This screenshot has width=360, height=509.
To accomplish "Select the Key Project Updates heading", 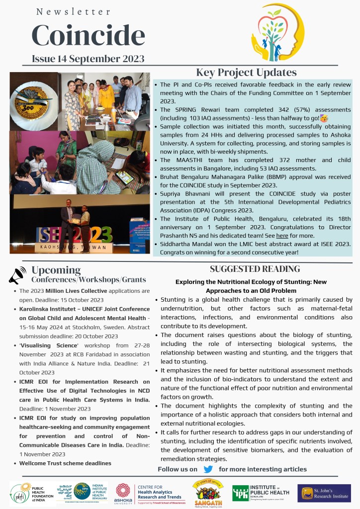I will click(246, 73).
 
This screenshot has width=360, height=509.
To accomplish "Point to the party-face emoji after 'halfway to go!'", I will click(324, 118).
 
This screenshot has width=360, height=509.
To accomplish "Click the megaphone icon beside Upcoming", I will click(17, 275).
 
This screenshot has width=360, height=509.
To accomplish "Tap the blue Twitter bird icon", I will click(208, 469).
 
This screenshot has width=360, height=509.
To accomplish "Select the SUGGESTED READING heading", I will click(255, 269).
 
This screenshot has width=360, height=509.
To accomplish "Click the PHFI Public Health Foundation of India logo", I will click(26, 493).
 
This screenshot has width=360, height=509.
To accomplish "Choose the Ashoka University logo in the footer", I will click(122, 493).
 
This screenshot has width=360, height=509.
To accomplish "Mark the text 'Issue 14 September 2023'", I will click(88, 59).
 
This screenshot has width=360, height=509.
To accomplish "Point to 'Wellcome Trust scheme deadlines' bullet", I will click(65, 463).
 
